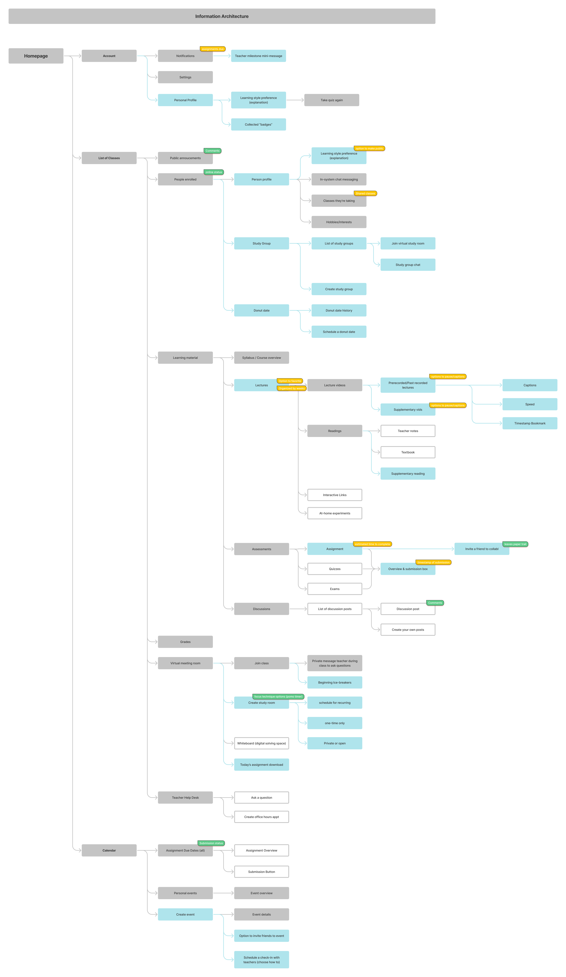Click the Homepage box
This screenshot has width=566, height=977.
[36, 56]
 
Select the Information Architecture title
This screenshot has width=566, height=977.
[222, 16]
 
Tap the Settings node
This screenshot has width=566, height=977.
[185, 77]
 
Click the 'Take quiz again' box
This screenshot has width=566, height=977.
[331, 100]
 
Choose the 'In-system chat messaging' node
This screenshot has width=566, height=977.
[339, 180]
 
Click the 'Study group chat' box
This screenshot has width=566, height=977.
[408, 265]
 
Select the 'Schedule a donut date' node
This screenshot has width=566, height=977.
[339, 332]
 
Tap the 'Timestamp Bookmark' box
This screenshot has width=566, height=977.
[530, 423]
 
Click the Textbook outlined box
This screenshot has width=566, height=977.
[408, 452]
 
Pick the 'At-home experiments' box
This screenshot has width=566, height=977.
[335, 513]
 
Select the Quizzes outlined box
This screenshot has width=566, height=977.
[335, 569]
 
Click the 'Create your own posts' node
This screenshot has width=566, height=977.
[408, 630]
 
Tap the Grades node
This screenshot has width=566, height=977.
[185, 642]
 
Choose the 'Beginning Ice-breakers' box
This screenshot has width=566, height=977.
[335, 683]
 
